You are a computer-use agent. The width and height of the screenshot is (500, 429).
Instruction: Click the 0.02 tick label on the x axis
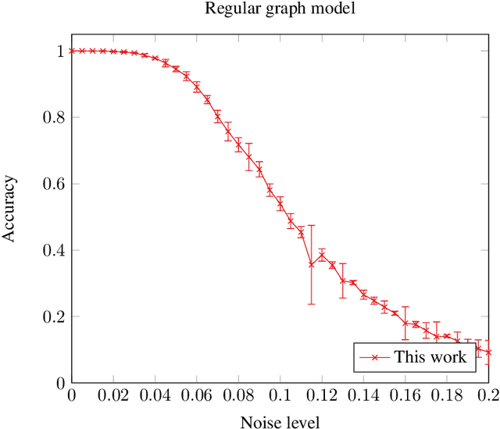(x=113, y=397)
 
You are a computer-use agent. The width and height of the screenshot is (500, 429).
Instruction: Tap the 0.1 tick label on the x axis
(x=280, y=397)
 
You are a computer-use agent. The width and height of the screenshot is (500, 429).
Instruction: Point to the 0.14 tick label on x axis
(x=363, y=397)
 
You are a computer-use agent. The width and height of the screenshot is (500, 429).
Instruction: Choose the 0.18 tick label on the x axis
(x=447, y=397)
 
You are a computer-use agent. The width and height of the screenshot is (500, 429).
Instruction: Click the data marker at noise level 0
(x=72, y=51)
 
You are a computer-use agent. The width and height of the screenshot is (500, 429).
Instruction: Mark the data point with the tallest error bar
(x=312, y=264)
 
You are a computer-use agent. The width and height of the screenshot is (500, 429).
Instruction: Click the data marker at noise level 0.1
(x=280, y=205)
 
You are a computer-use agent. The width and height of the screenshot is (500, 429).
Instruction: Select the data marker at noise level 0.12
(x=322, y=256)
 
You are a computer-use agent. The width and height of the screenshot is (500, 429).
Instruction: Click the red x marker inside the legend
(x=373, y=357)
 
